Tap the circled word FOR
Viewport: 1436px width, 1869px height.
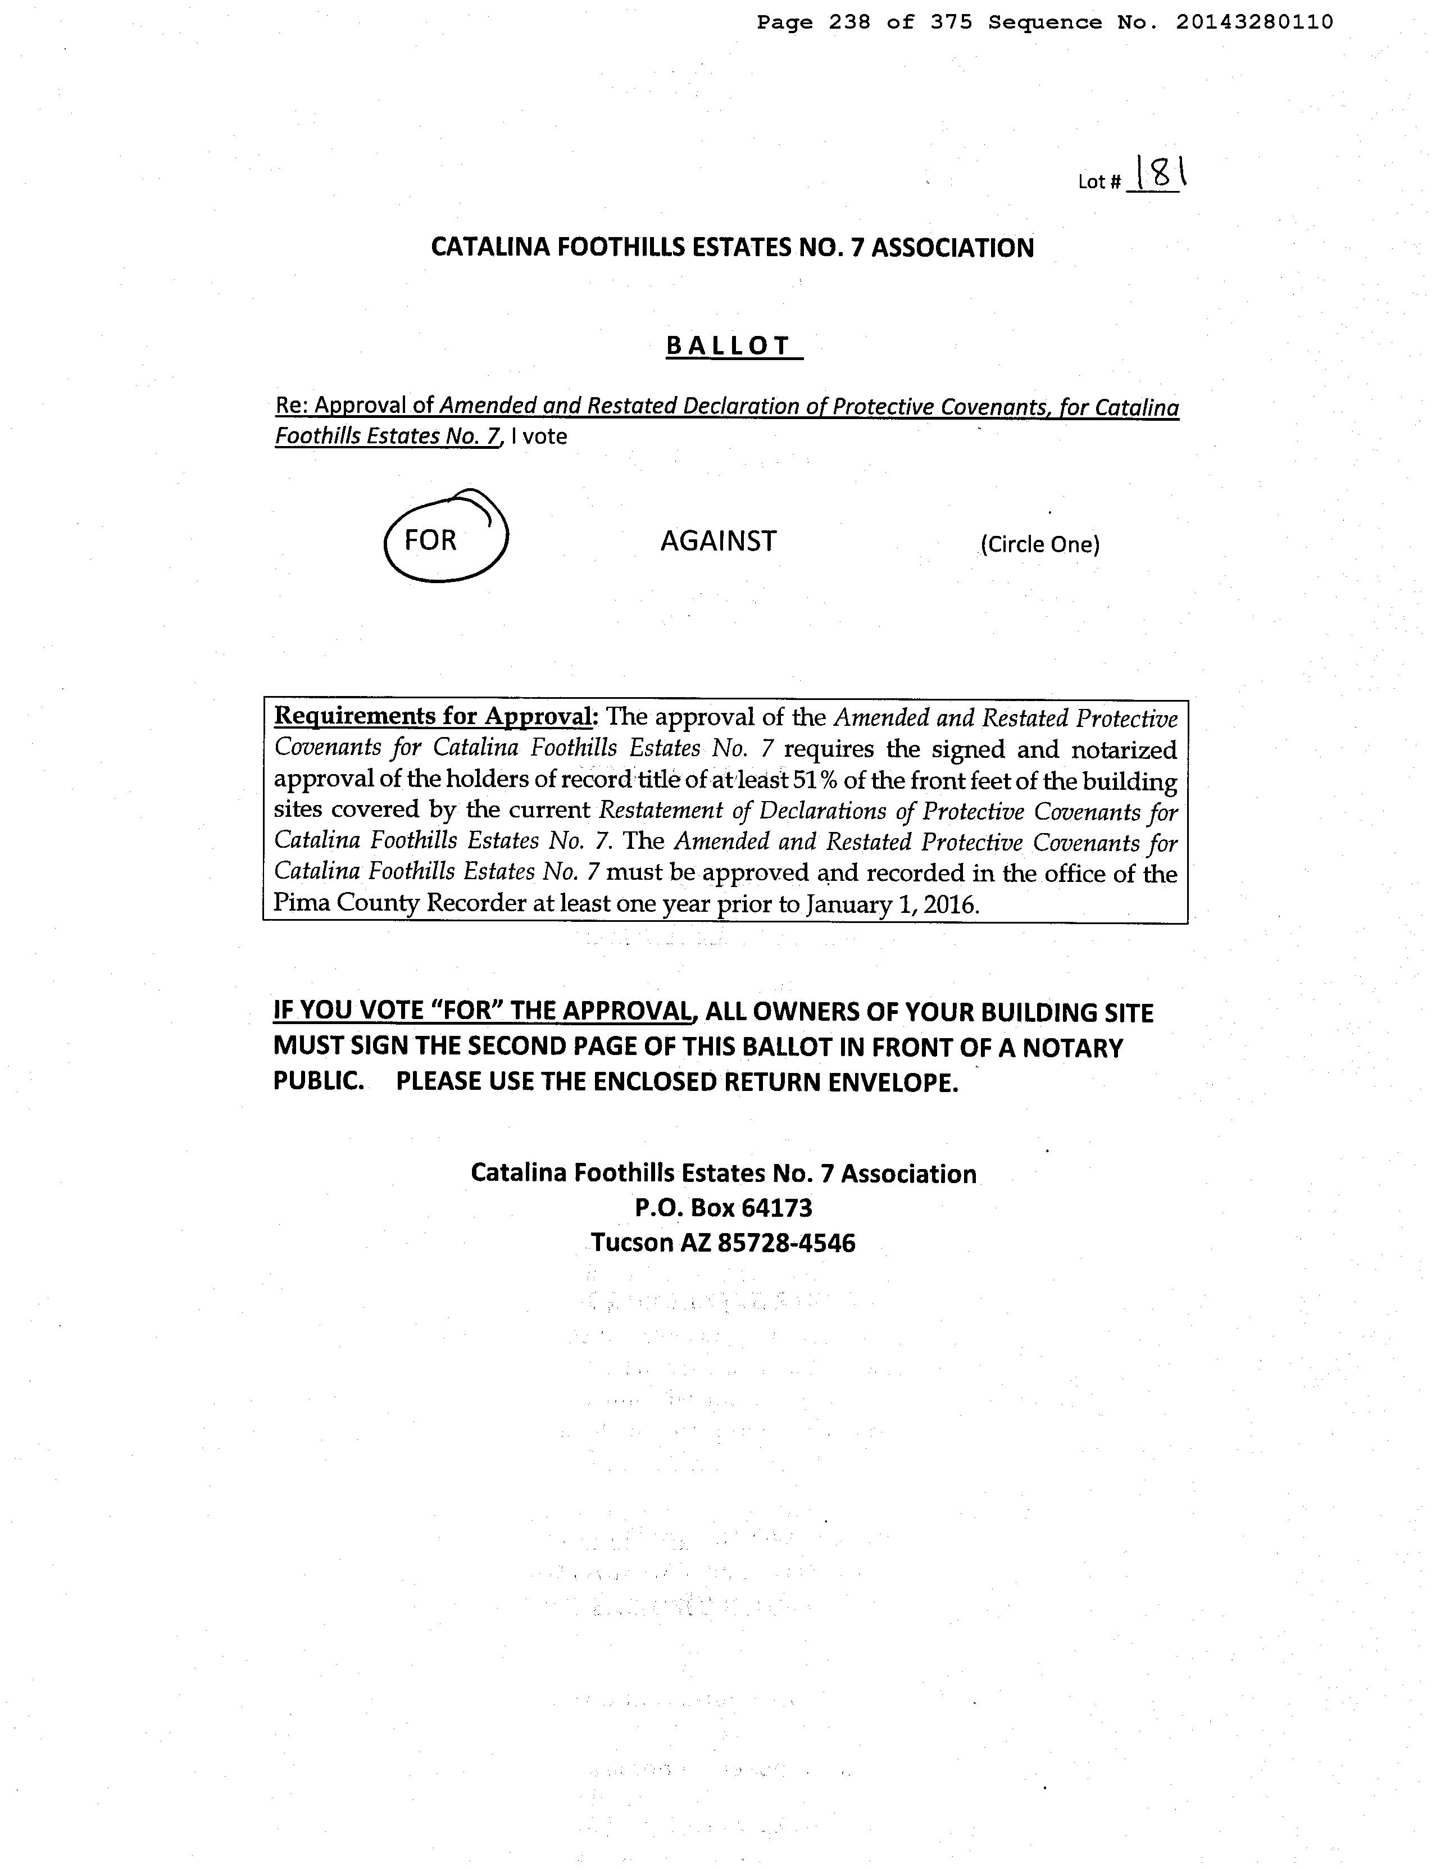tap(431, 540)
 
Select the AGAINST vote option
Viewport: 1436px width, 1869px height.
tap(718, 541)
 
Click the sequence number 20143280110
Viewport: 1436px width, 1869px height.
tap(1254, 22)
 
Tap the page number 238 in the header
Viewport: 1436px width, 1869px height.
tap(849, 22)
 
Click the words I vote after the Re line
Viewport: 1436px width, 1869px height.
tap(538, 436)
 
